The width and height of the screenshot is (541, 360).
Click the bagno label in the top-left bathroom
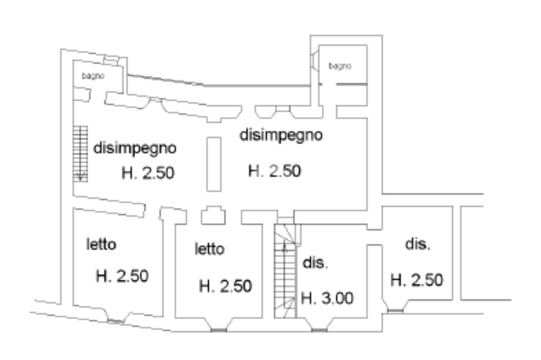click(93, 77)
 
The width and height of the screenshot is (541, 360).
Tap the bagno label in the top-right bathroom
click(340, 66)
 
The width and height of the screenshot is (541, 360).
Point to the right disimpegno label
click(281, 135)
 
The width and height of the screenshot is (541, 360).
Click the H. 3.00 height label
click(326, 299)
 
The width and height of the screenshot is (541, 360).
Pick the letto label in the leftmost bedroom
click(101, 244)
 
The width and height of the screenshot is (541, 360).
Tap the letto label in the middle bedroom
click(210, 249)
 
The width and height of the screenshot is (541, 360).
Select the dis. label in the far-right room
click(418, 245)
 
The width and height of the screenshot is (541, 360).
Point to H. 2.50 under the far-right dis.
click(416, 280)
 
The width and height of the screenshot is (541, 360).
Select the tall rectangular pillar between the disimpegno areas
click(213, 164)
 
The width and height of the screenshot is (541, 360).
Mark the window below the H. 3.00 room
click(319, 330)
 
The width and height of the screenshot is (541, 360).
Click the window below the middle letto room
click(218, 330)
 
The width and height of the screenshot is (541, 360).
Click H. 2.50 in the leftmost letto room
click(122, 276)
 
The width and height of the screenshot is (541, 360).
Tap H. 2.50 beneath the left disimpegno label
click(148, 173)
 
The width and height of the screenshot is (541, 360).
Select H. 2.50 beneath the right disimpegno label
click(274, 171)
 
